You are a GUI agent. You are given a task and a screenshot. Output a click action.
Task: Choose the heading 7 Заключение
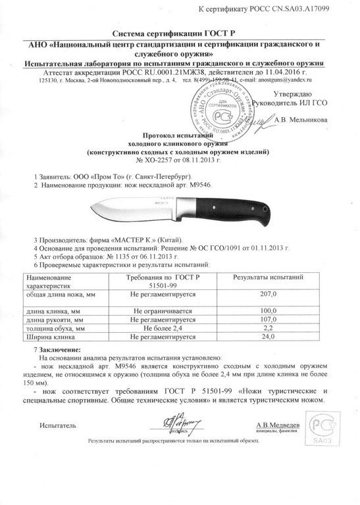(x=58, y=348)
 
